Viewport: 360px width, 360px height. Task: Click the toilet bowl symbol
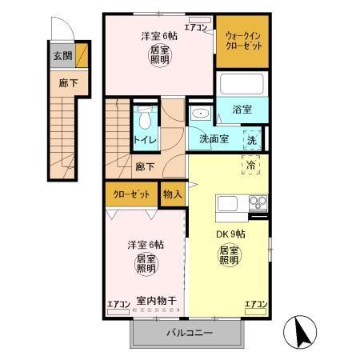tap(144, 120)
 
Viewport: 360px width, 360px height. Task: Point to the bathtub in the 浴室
tap(242, 86)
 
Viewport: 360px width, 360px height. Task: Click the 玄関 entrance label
tap(62, 57)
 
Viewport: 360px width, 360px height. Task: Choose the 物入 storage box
tap(173, 194)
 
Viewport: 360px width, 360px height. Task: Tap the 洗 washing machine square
tap(252, 138)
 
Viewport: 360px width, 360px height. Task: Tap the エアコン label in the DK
tap(255, 305)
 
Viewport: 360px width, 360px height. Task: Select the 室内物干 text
tap(156, 302)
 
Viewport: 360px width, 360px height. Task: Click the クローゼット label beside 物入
tap(131, 194)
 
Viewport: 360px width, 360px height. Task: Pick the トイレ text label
tap(145, 141)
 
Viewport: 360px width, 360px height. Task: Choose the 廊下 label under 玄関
tap(62, 82)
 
